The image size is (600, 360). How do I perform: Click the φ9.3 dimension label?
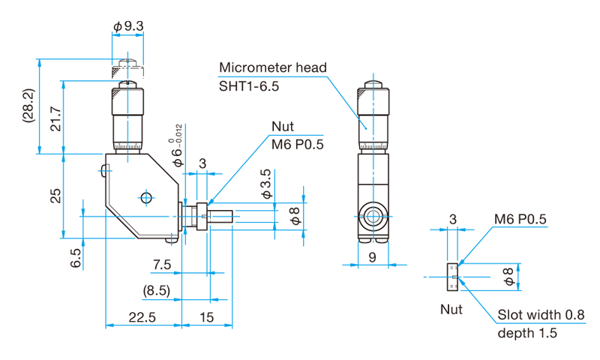(128, 26)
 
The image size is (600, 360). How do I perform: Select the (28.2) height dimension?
(29, 106)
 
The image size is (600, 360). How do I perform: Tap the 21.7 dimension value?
(55, 119)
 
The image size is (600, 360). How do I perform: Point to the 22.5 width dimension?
(142, 317)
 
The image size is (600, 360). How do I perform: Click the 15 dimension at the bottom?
(207, 317)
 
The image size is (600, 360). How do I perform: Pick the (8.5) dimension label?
(157, 291)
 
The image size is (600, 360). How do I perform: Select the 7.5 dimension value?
(162, 264)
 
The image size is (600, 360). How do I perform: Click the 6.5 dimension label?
(76, 258)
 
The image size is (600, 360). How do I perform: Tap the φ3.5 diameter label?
(266, 184)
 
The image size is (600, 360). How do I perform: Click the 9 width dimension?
(372, 257)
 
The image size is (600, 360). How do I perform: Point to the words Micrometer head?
(273, 67)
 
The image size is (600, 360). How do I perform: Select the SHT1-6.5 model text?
(249, 86)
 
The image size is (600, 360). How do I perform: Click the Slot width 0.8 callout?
(541, 315)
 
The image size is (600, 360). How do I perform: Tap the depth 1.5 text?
(527, 333)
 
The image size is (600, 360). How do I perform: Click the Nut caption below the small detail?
(451, 309)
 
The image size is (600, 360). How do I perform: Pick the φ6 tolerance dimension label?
(177, 145)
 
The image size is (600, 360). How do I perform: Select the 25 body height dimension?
(55, 196)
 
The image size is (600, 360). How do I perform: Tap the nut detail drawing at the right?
(452, 277)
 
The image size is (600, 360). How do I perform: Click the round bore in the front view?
(373, 217)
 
